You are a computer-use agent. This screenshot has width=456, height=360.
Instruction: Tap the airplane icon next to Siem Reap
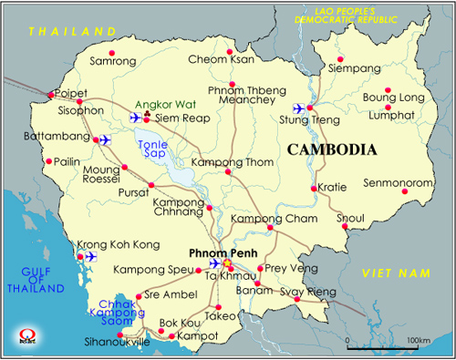[138, 118]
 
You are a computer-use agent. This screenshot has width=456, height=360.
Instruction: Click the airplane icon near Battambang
[103, 139]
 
